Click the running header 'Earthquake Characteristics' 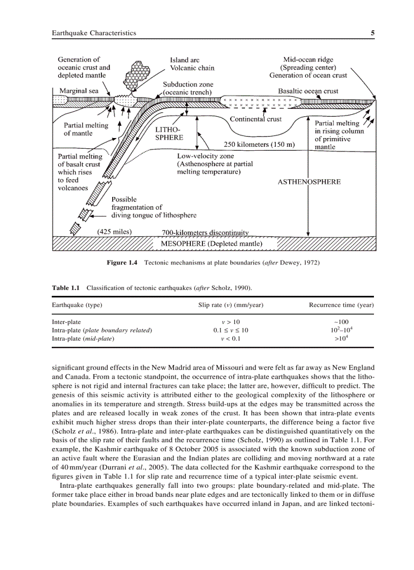(x=94, y=33)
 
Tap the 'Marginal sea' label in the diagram (x=79, y=91)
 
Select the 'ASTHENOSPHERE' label (x=309, y=182)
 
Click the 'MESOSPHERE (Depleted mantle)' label (x=212, y=244)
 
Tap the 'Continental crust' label (x=255, y=119)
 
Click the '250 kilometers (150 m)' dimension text (x=259, y=144)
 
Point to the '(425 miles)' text (x=114, y=232)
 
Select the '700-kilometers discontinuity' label (x=205, y=233)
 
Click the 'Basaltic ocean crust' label (x=308, y=91)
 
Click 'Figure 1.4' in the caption (x=122, y=263)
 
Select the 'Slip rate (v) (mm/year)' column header (x=230, y=305)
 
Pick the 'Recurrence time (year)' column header (x=341, y=305)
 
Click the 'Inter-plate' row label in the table (x=66, y=322)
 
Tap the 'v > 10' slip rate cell (x=231, y=322)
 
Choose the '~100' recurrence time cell (x=341, y=322)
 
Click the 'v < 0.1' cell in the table (x=231, y=338)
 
